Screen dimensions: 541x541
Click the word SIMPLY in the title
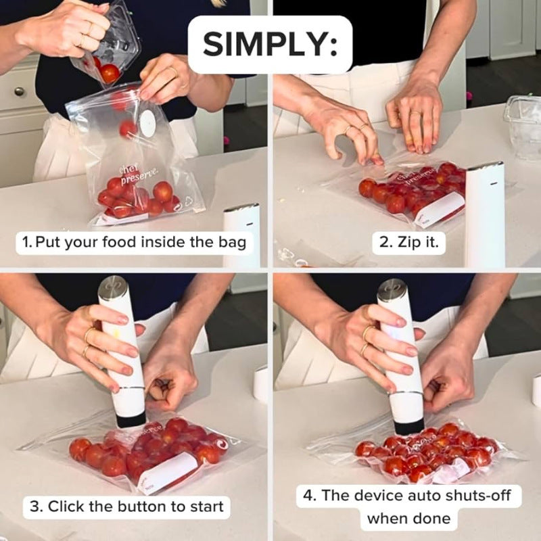[x=270, y=45]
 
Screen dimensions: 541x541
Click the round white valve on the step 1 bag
[x=147, y=123]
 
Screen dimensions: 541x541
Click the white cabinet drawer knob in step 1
[x=18, y=91]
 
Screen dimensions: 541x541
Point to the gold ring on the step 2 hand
[x=414, y=112]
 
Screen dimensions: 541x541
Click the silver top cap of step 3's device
[x=112, y=289]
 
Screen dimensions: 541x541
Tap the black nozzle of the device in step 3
[x=131, y=419]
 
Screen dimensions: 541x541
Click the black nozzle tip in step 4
[x=409, y=426]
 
